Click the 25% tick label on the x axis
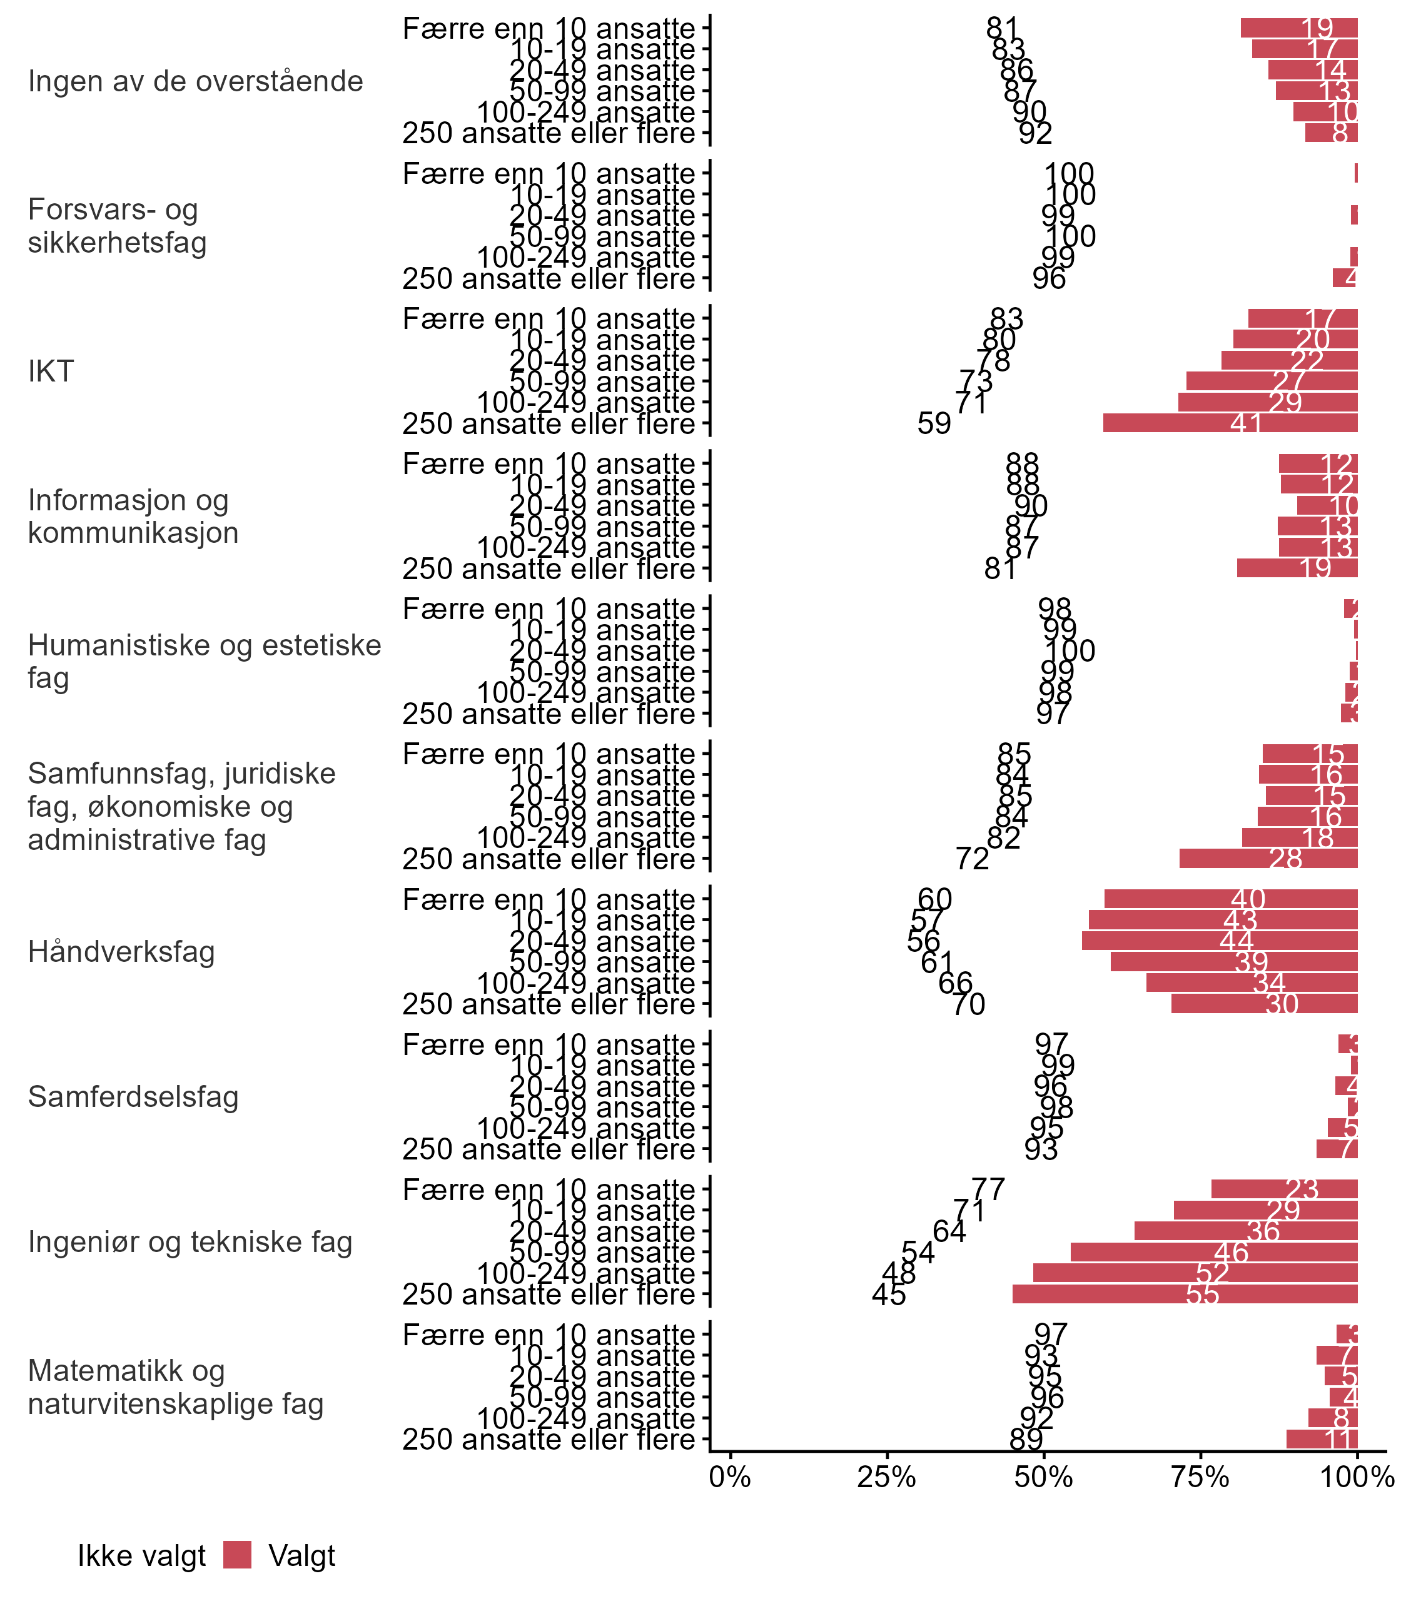[887, 1477]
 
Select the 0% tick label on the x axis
[731, 1477]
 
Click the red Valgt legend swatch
[237, 1555]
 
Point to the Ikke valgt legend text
[141, 1556]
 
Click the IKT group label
[51, 371]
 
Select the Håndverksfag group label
[121, 952]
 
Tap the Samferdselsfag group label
[133, 1097]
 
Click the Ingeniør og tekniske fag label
[190, 1241]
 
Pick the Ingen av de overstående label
[195, 81]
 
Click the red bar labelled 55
[1185, 1294]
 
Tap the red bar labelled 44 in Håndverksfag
[1220, 941]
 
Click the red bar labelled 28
[1268, 858]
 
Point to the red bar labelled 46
[1213, 1252]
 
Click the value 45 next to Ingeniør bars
[889, 1295]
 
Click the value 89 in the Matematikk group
[1026, 1439]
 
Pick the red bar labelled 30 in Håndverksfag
[1264, 1004]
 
